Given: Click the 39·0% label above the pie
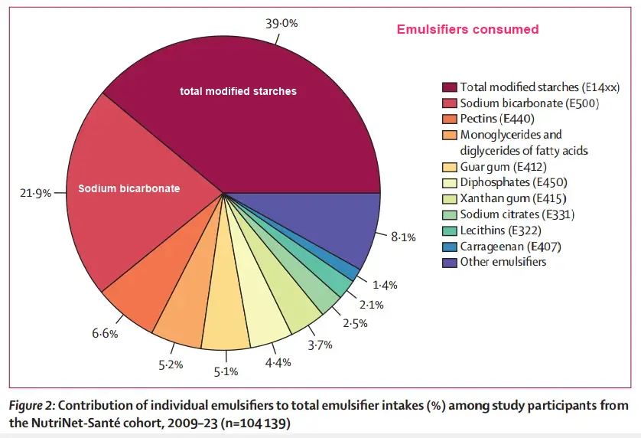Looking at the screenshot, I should coord(281,23).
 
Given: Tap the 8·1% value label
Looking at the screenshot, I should coord(403,237).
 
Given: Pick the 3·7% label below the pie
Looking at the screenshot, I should coord(320,345).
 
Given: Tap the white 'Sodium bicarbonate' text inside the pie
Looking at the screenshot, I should coord(129,188).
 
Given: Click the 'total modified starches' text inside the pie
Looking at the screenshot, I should coord(238,91).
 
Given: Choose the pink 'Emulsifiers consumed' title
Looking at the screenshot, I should coord(467,30).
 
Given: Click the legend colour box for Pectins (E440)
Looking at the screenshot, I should coord(448,119).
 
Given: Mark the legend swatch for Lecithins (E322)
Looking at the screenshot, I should coord(448,230).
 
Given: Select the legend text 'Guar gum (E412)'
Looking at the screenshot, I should coord(503,167).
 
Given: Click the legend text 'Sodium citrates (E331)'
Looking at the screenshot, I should coord(517,214).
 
